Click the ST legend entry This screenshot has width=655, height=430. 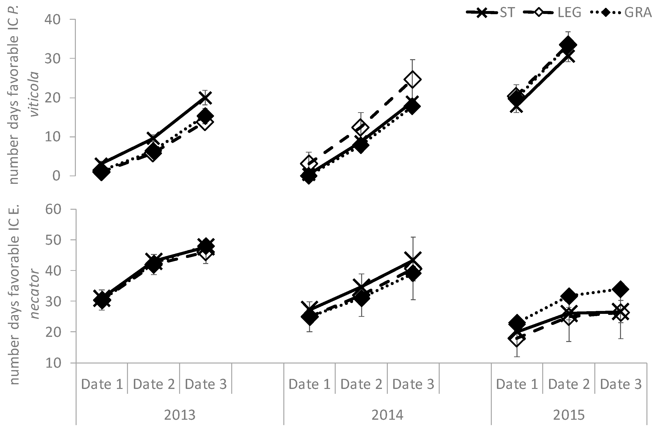pyautogui.click(x=490, y=12)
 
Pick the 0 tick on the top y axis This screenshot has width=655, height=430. pyautogui.click(x=57, y=176)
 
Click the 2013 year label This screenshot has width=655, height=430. pyautogui.click(x=180, y=415)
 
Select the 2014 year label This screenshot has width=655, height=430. pyautogui.click(x=387, y=415)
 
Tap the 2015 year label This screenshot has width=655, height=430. pyautogui.click(x=569, y=415)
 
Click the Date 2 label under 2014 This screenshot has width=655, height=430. pyautogui.click(x=361, y=384)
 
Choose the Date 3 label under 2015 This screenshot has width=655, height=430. pyautogui.click(x=621, y=384)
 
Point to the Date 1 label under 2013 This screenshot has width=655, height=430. pyautogui.click(x=102, y=384)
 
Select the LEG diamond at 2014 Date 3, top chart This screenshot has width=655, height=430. pyautogui.click(x=412, y=79)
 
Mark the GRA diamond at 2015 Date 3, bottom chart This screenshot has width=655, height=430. pyautogui.click(x=620, y=289)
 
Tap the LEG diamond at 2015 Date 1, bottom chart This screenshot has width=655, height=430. pyautogui.click(x=517, y=339)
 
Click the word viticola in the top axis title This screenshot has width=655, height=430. pyautogui.click(x=35, y=94)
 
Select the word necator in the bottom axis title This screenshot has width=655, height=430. pyautogui.click(x=35, y=294)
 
